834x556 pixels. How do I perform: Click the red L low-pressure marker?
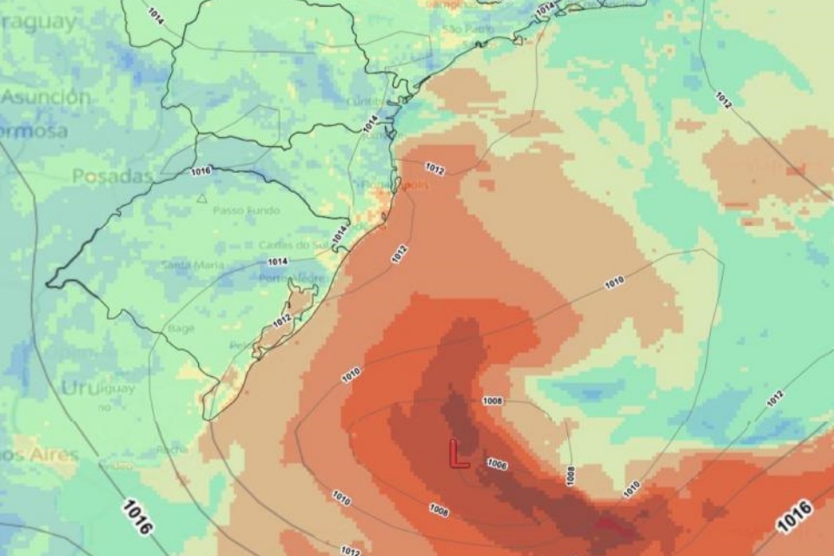click(x=458, y=453)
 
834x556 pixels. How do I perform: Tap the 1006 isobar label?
click(x=497, y=464)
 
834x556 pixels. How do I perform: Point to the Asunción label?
click(x=45, y=97)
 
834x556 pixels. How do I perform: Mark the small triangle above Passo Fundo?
click(x=202, y=198)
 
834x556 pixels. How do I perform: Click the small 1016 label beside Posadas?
click(x=200, y=171)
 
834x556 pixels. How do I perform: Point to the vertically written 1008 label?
click(x=570, y=475)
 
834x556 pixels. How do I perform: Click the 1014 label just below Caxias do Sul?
click(x=277, y=261)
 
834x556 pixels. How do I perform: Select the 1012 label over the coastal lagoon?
click(x=281, y=321)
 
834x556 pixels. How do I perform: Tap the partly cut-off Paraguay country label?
click(x=39, y=23)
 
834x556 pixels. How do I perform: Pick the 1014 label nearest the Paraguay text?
click(x=156, y=15)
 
